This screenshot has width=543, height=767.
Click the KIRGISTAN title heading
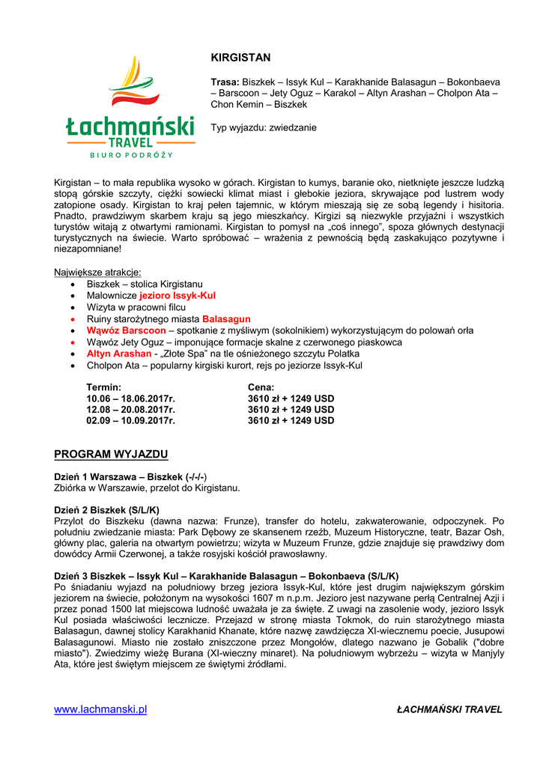pyautogui.click(x=240, y=58)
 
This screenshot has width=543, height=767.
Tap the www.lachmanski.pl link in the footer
pyautogui.click(x=100, y=709)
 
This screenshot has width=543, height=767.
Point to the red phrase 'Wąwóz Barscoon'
pyautogui.click(x=126, y=330)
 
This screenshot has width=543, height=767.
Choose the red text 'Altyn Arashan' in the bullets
pyautogui.click(x=119, y=354)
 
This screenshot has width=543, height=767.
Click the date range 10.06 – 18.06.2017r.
pyautogui.click(x=130, y=398)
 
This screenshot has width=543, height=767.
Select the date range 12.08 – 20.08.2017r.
pyautogui.click(x=130, y=410)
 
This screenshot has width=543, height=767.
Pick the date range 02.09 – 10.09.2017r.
pyautogui.click(x=130, y=421)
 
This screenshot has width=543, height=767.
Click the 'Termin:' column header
pyautogui.click(x=103, y=387)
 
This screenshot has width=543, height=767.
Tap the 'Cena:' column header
pyautogui.click(x=261, y=387)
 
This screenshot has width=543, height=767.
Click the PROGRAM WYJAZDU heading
pyautogui.click(x=111, y=455)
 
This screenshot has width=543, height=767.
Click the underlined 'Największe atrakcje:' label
pyautogui.click(x=97, y=272)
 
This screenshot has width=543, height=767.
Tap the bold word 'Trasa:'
pyautogui.click(x=225, y=82)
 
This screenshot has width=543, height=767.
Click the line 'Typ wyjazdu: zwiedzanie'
pyautogui.click(x=264, y=127)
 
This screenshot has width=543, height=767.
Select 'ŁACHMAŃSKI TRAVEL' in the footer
pyautogui.click(x=449, y=709)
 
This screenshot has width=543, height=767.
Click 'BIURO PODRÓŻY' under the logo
pyautogui.click(x=131, y=155)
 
